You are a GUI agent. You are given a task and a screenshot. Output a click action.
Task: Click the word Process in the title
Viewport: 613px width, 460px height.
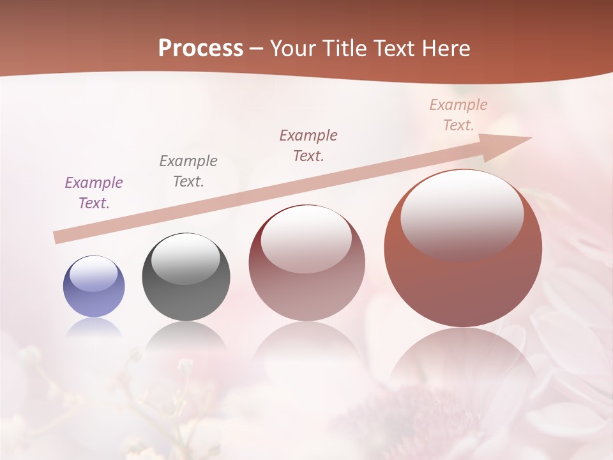click(x=201, y=49)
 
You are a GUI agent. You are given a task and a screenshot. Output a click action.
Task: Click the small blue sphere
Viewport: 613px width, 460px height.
click(x=94, y=286)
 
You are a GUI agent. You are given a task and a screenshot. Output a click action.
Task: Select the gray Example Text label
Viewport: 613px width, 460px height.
click(x=188, y=171)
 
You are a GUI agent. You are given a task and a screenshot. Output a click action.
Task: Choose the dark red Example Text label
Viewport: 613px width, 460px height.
click(x=308, y=146)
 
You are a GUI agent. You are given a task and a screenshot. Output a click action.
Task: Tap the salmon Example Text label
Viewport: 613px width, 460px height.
click(x=458, y=115)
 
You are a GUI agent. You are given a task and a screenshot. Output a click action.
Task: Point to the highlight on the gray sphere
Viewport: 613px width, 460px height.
click(x=186, y=259)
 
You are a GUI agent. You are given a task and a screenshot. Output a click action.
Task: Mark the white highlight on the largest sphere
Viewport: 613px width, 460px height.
click(x=462, y=214)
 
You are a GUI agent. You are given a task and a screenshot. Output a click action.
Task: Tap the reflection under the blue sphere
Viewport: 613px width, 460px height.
click(x=94, y=327)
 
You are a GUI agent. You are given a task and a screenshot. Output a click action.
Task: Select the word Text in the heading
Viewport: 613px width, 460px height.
click(x=392, y=49)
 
